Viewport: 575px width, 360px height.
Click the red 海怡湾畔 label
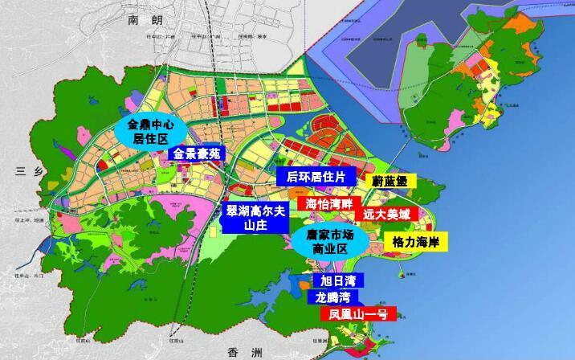click(x=329, y=204)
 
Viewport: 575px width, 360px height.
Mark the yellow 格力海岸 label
click(x=414, y=241)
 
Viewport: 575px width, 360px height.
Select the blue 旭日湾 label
click(x=336, y=280)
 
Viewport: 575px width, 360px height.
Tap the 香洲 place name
click(x=239, y=351)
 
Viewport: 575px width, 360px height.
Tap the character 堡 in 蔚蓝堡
click(x=405, y=181)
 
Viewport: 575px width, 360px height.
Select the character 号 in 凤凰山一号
click(x=382, y=314)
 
